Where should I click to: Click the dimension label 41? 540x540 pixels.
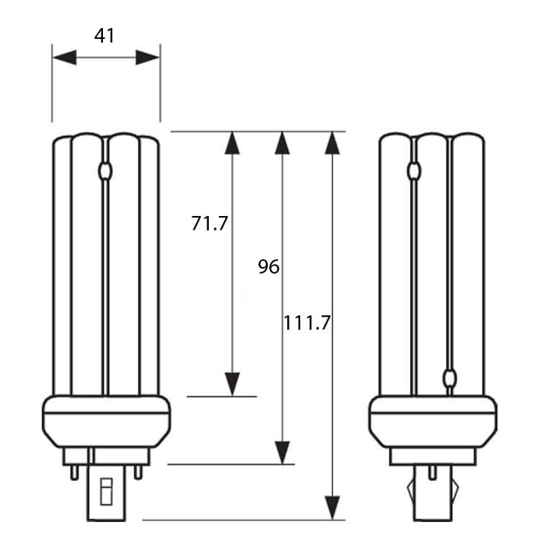pos(104,36)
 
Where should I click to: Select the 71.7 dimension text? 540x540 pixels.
pos(210,223)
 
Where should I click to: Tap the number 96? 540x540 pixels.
pos(269,266)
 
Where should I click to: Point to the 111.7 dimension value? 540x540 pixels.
pos(307,323)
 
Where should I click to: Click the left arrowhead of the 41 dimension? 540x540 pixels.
pos(64,57)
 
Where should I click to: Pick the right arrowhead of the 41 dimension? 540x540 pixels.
pos(148,57)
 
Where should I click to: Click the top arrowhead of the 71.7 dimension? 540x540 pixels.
pos(232,143)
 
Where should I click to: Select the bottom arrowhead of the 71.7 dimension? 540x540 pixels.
pos(232,384)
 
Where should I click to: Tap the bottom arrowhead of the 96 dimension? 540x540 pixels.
pos(282,453)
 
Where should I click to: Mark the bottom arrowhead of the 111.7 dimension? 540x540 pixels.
pos(333,508)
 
